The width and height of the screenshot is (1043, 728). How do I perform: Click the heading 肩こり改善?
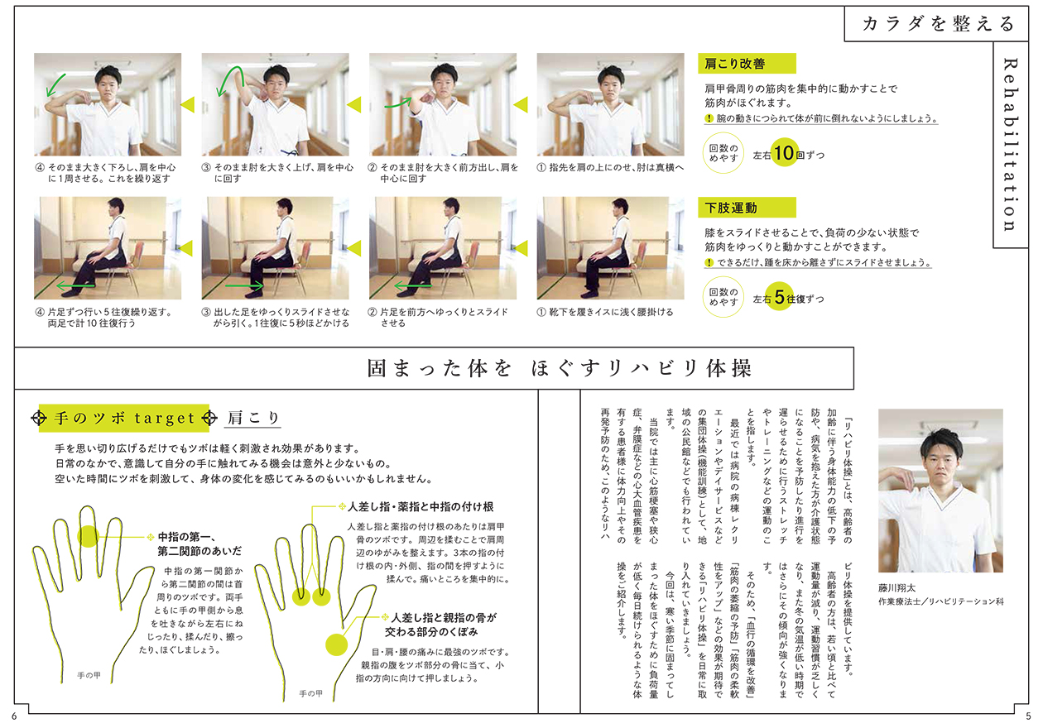click(x=734, y=64)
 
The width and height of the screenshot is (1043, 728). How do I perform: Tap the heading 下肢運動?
click(x=731, y=208)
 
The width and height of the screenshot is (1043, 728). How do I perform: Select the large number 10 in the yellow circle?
click(x=784, y=153)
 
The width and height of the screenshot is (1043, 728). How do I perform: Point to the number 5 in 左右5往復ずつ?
click(x=780, y=296)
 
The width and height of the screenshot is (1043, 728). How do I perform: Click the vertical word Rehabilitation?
click(x=1010, y=144)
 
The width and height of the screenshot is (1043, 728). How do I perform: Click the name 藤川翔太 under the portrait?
click(x=896, y=588)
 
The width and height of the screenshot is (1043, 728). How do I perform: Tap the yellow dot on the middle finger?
click(x=88, y=536)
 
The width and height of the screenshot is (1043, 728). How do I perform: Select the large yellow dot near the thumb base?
click(x=336, y=644)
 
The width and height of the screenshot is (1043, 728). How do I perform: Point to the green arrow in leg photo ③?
click(x=244, y=285)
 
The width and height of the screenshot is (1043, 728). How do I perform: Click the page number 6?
click(x=14, y=716)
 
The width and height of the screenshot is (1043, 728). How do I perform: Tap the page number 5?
click(x=1029, y=716)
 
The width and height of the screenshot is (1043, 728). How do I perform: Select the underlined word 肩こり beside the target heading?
click(x=252, y=418)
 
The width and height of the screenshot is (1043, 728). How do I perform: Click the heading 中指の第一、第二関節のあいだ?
click(x=199, y=544)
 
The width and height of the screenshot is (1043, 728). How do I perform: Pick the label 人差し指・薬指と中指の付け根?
click(x=421, y=506)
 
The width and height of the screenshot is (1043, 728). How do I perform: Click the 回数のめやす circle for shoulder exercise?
click(x=723, y=153)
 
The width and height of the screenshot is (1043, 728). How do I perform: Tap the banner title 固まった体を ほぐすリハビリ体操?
click(x=560, y=368)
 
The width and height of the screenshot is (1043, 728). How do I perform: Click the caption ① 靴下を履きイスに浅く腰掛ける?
click(x=605, y=311)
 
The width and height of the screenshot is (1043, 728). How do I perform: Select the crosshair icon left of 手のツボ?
click(x=39, y=418)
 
